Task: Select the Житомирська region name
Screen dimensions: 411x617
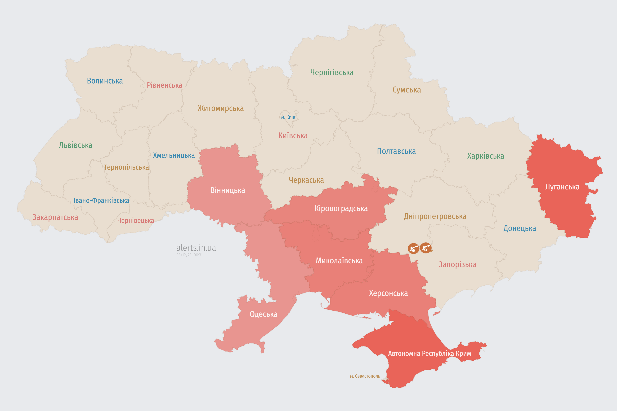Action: (x=221, y=108)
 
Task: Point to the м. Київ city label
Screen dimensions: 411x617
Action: (x=288, y=117)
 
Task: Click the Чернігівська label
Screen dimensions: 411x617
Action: (x=332, y=72)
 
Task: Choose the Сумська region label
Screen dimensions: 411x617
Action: (x=407, y=90)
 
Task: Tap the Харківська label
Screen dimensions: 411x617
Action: (x=486, y=156)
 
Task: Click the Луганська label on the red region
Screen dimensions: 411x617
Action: (x=562, y=187)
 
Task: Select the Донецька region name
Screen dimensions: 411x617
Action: (x=519, y=228)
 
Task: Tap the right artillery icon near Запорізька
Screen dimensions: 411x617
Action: (x=425, y=248)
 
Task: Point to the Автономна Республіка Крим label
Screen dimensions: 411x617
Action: (x=429, y=354)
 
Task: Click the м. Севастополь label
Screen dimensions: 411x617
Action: (x=365, y=376)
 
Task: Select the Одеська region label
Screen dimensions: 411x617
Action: (x=263, y=314)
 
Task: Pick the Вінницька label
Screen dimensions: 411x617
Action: (x=228, y=190)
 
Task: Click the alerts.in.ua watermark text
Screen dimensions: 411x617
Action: (x=196, y=248)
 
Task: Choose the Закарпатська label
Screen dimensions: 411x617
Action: (x=55, y=217)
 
